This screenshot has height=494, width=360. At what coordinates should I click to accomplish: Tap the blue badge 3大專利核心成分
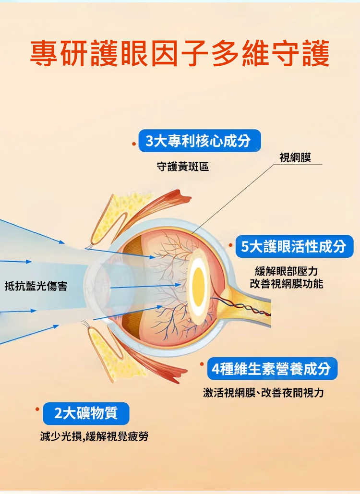point(200,141)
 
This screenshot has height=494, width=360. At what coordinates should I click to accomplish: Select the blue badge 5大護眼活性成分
point(294,246)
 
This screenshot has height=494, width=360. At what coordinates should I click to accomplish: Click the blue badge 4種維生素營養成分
point(272,369)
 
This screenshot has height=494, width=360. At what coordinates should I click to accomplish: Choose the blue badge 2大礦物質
point(86,413)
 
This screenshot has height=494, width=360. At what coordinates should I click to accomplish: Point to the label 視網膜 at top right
point(295,157)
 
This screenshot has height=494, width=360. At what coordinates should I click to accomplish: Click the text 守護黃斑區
point(183,166)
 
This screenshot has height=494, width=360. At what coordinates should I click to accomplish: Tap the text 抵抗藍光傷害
point(36,286)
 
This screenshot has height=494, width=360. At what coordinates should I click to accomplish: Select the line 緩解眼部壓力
point(286,271)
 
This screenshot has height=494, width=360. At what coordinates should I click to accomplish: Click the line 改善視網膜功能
point(286,284)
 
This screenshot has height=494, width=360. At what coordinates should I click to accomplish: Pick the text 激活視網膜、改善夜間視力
point(264,393)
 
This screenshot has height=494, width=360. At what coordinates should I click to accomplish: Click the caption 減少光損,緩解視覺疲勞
point(94,436)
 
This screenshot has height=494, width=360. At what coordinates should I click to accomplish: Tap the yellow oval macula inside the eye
point(198,287)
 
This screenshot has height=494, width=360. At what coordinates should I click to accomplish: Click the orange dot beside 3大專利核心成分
point(134,144)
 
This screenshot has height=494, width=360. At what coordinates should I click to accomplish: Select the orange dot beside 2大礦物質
point(37,409)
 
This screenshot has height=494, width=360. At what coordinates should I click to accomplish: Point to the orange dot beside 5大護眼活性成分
point(231,245)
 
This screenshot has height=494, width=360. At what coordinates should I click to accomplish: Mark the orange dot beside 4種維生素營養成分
point(202,364)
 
